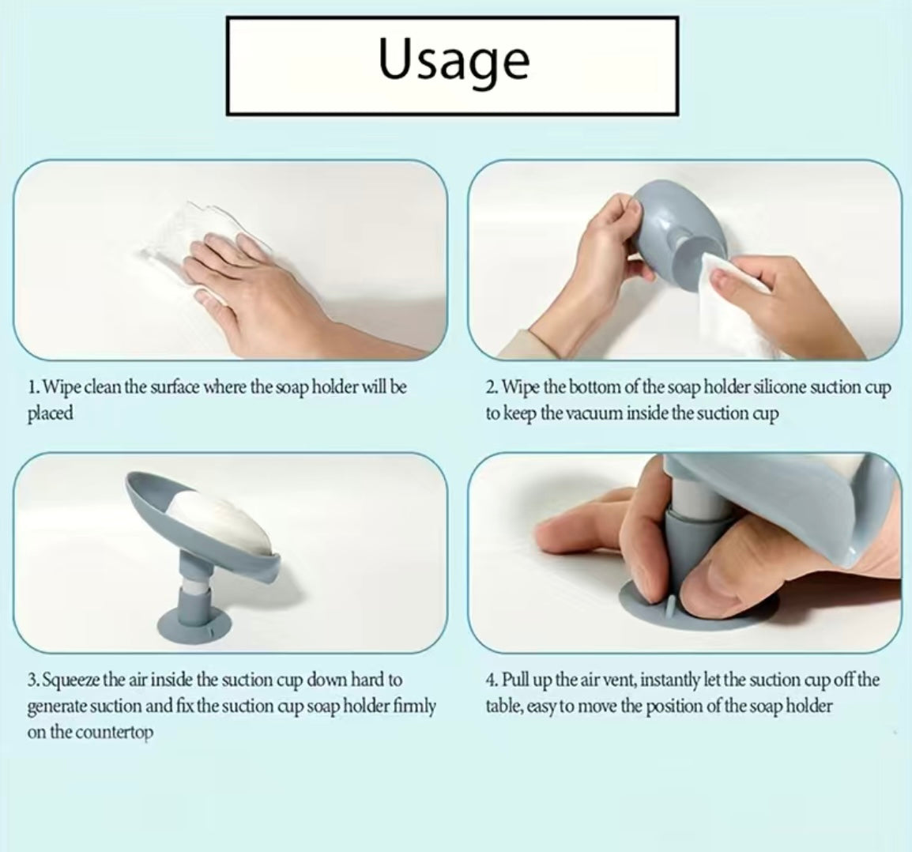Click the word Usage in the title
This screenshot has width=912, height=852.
pyautogui.click(x=454, y=61)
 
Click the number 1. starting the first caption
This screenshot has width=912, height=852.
pyautogui.click(x=33, y=387)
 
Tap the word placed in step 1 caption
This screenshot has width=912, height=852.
pyautogui.click(x=50, y=413)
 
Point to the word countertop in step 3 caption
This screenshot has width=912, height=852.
pyautogui.click(x=114, y=732)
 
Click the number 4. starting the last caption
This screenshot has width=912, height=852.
pyautogui.click(x=491, y=680)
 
